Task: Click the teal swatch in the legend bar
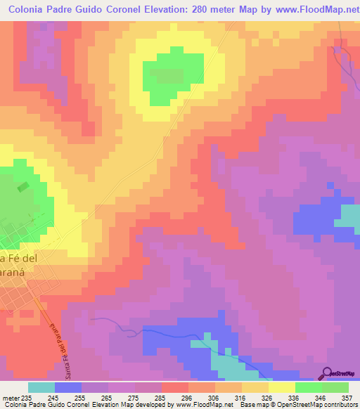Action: pos(41,387)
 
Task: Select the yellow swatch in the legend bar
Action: pos(282,387)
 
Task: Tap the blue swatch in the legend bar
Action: pos(68,387)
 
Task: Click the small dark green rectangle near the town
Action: pos(23,187)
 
